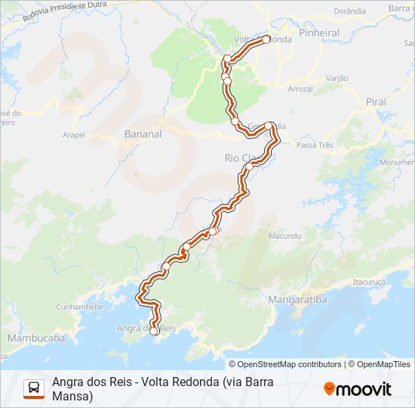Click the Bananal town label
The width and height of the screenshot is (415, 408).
pyautogui.click(x=143, y=134)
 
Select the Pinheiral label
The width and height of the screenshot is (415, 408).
pyautogui.click(x=318, y=34)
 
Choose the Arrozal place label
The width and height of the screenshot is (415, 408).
pyautogui.click(x=300, y=89)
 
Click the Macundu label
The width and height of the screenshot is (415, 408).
pyautogui.click(x=285, y=236)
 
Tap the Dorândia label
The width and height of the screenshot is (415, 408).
pyautogui.click(x=349, y=11)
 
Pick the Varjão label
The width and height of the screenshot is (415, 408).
pyautogui.click(x=337, y=78)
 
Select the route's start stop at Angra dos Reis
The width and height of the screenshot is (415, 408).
pyautogui.click(x=154, y=330)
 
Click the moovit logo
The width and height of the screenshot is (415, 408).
pyautogui.click(x=358, y=389)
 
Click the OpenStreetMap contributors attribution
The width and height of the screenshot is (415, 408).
pyautogui.click(x=289, y=364)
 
